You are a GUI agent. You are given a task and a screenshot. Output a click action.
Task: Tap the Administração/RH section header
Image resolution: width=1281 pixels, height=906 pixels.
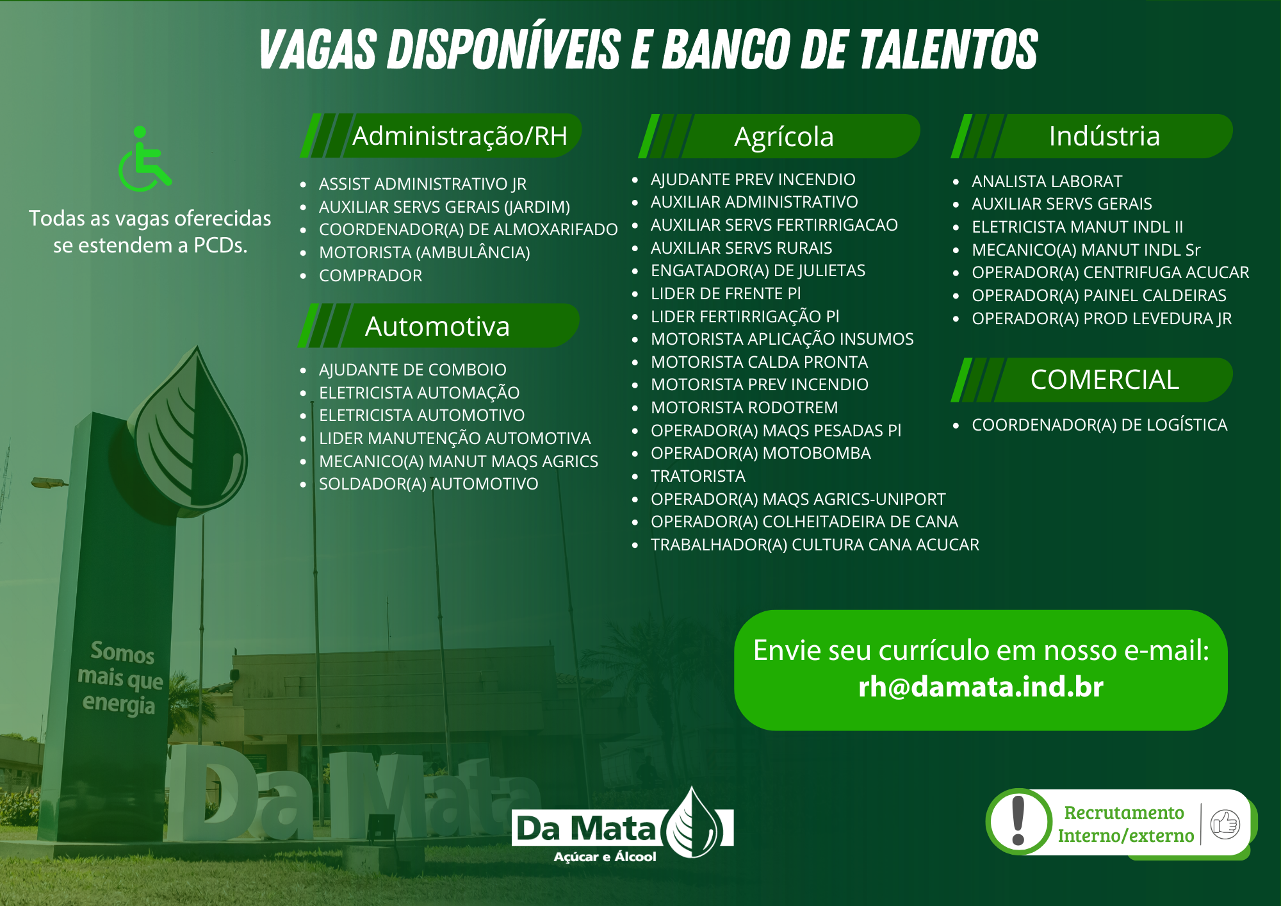[x=460, y=136]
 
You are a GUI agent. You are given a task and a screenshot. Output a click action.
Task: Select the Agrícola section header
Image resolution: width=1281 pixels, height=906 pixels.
[x=784, y=136]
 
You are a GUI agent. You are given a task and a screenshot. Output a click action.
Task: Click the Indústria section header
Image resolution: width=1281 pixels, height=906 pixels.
[x=1104, y=136]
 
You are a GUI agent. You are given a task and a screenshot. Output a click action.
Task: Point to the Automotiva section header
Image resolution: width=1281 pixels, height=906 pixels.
[x=437, y=326]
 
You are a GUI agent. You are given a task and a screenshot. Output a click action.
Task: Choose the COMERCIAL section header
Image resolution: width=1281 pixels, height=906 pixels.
[x=1104, y=379]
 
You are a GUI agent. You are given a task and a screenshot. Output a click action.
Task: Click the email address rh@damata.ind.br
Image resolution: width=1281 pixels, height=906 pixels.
[x=981, y=686]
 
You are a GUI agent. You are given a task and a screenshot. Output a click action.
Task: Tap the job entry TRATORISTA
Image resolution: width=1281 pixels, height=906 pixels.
[x=698, y=476]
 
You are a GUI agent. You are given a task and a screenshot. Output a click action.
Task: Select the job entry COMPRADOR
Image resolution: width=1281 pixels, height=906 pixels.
[x=371, y=276]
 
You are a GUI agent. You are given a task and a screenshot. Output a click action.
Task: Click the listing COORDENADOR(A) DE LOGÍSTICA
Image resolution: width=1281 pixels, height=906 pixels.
[x=1100, y=425]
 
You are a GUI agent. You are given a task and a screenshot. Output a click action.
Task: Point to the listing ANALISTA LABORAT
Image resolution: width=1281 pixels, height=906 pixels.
[x=1047, y=181]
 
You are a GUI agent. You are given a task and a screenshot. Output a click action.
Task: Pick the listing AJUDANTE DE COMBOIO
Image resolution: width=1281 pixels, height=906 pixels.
[x=412, y=370]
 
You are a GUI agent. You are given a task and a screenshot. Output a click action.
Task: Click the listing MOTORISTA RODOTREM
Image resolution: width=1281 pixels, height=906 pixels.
[x=744, y=408]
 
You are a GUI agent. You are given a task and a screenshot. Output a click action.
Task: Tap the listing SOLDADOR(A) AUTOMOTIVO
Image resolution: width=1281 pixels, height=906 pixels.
[x=428, y=484]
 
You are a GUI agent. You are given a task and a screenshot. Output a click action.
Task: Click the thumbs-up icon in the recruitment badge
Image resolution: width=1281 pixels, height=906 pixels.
[x=1225, y=823]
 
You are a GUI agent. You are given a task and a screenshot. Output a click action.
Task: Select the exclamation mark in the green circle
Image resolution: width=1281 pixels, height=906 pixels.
[x=1018, y=821]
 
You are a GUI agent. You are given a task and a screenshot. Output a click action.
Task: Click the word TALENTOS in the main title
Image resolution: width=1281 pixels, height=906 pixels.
[x=948, y=49]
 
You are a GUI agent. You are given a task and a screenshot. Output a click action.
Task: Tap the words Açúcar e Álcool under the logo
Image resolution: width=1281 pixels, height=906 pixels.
[x=605, y=857]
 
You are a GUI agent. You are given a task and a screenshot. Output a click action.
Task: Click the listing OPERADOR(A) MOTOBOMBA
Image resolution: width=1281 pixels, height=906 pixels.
[x=761, y=453]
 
